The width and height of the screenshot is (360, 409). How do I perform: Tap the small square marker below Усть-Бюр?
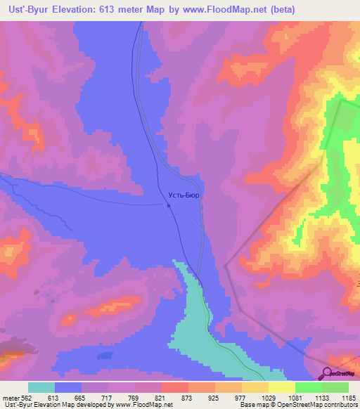tap(169, 206)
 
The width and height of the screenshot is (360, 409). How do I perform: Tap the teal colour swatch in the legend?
tap(41, 387)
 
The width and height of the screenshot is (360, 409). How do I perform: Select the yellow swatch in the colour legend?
tap(282, 387)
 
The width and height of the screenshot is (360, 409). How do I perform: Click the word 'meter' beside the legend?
tap(12, 398)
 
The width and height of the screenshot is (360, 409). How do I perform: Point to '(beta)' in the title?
tap(280, 9)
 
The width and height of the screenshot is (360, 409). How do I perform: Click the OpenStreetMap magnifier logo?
tap(328, 372)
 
